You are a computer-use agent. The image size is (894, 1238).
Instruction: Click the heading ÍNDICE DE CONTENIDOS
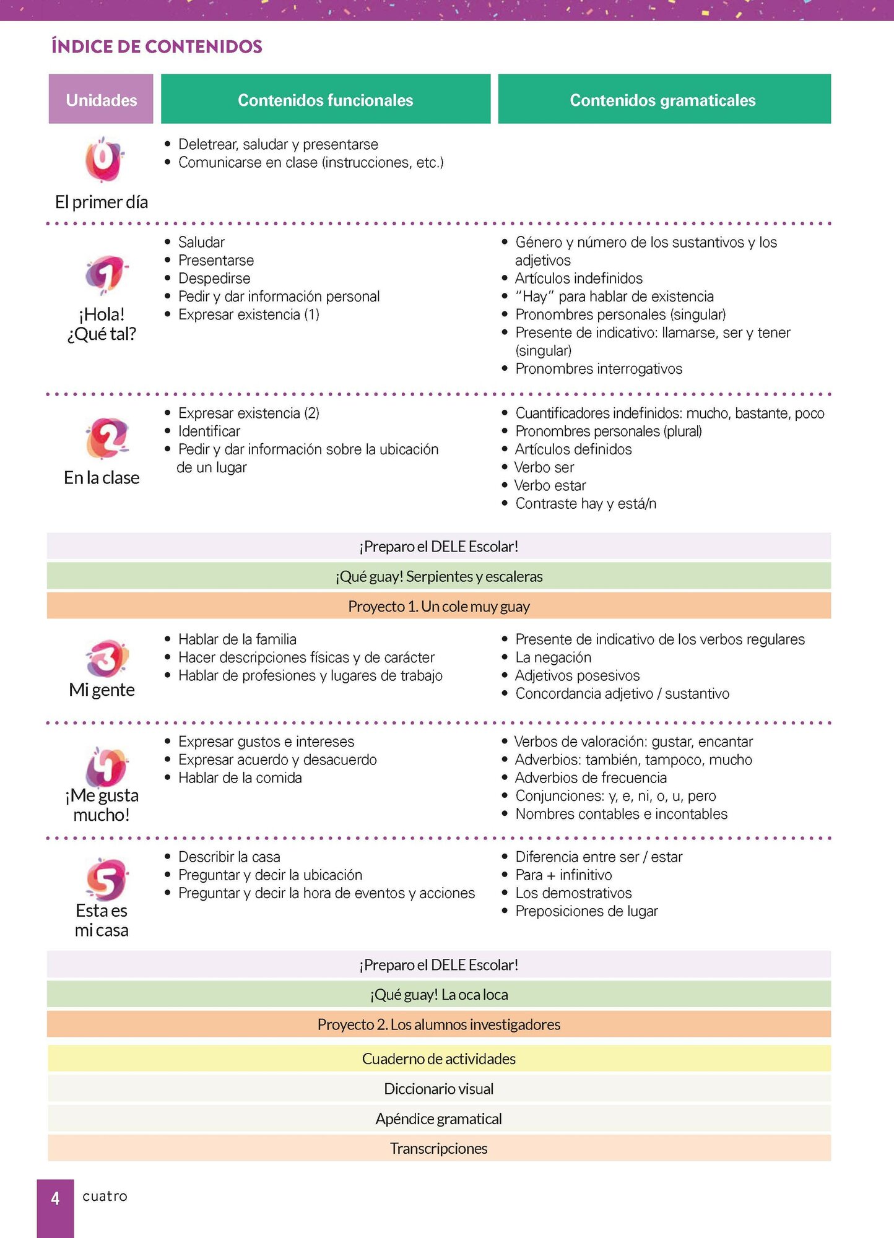157,46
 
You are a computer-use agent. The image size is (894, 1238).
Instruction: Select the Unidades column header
101,100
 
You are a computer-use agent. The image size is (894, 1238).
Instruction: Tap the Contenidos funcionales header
325,100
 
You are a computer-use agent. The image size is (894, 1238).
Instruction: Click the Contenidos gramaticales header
663,100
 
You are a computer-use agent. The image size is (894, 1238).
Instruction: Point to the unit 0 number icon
103,159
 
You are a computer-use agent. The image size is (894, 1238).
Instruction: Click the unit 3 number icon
106,658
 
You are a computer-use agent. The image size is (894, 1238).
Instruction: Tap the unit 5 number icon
106,878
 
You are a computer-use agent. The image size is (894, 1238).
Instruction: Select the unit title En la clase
102,478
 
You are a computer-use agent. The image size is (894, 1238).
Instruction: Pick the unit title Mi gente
102,690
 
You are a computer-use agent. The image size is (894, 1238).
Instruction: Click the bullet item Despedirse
214,279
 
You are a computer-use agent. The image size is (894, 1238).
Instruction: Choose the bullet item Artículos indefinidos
579,279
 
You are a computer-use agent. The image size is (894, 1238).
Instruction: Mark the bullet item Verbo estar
550,486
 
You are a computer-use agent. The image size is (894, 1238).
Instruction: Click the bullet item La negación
553,657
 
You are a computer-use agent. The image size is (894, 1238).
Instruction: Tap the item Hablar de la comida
240,778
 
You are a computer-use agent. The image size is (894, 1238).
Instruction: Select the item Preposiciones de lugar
586,911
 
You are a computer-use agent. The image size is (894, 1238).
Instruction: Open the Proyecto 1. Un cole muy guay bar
438,606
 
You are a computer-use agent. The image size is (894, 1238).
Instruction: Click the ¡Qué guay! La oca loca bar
438,995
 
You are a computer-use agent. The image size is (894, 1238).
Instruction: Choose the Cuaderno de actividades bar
438,1059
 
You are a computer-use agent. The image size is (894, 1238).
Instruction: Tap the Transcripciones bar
438,1149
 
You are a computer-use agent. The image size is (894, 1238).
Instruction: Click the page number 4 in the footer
55,1198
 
